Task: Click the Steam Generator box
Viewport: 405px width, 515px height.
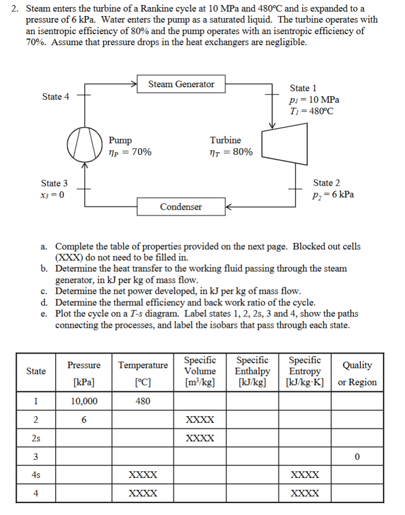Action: click(x=181, y=84)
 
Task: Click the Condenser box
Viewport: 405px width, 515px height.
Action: click(x=181, y=207)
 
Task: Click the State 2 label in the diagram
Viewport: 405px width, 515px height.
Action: click(x=326, y=183)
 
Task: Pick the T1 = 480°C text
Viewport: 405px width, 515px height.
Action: click(x=311, y=111)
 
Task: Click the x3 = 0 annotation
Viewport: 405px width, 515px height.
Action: click(x=52, y=195)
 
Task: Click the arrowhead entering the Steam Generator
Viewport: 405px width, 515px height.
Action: click(x=135, y=84)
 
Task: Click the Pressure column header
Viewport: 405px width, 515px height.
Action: click(x=84, y=365)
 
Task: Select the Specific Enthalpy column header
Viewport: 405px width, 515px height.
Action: click(x=252, y=371)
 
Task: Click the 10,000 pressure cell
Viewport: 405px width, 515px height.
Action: click(x=84, y=401)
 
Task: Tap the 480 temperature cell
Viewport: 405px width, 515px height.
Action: click(x=143, y=401)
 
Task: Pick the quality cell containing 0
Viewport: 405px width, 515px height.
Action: click(x=357, y=457)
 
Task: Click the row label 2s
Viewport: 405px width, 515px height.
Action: click(x=36, y=438)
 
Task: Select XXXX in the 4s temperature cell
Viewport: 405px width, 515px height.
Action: click(x=143, y=475)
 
